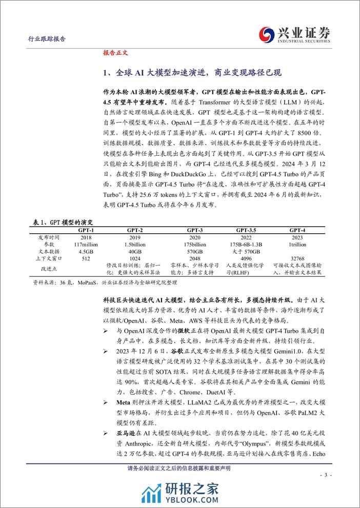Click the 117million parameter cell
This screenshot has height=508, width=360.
click(86, 245)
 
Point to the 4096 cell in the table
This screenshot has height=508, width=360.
click(248, 258)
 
